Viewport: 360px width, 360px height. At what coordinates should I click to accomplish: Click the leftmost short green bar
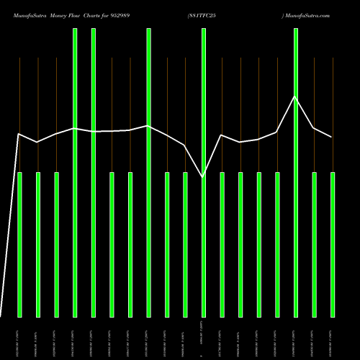pyautogui.click(x=20, y=245)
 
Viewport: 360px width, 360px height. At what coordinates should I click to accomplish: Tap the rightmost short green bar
pyautogui.click(x=333, y=245)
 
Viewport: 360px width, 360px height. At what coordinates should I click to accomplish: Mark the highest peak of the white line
pyautogui.click(x=294, y=96)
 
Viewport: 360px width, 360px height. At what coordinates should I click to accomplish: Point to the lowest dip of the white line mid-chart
pyautogui.click(x=203, y=176)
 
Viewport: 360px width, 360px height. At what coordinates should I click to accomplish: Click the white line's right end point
pyautogui.click(x=332, y=137)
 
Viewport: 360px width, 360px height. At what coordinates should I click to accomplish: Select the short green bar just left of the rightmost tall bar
pyautogui.click(x=277, y=245)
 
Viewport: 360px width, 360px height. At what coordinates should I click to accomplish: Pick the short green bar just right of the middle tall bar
pyautogui.click(x=167, y=245)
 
